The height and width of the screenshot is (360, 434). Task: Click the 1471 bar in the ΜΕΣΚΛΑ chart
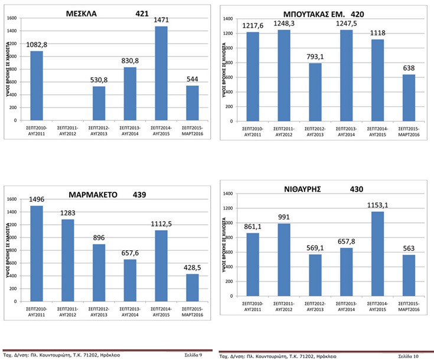coord(162,73)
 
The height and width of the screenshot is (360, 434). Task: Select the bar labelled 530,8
coord(99,103)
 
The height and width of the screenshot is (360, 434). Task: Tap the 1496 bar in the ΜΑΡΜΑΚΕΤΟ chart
coord(37,253)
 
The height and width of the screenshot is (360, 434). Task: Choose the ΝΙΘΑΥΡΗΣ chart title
coord(318,189)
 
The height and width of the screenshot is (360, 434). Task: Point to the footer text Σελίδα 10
coord(408,356)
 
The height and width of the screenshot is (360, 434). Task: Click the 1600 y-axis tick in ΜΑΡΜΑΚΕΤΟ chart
coord(12,199)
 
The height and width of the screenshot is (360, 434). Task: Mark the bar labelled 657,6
coord(130,280)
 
